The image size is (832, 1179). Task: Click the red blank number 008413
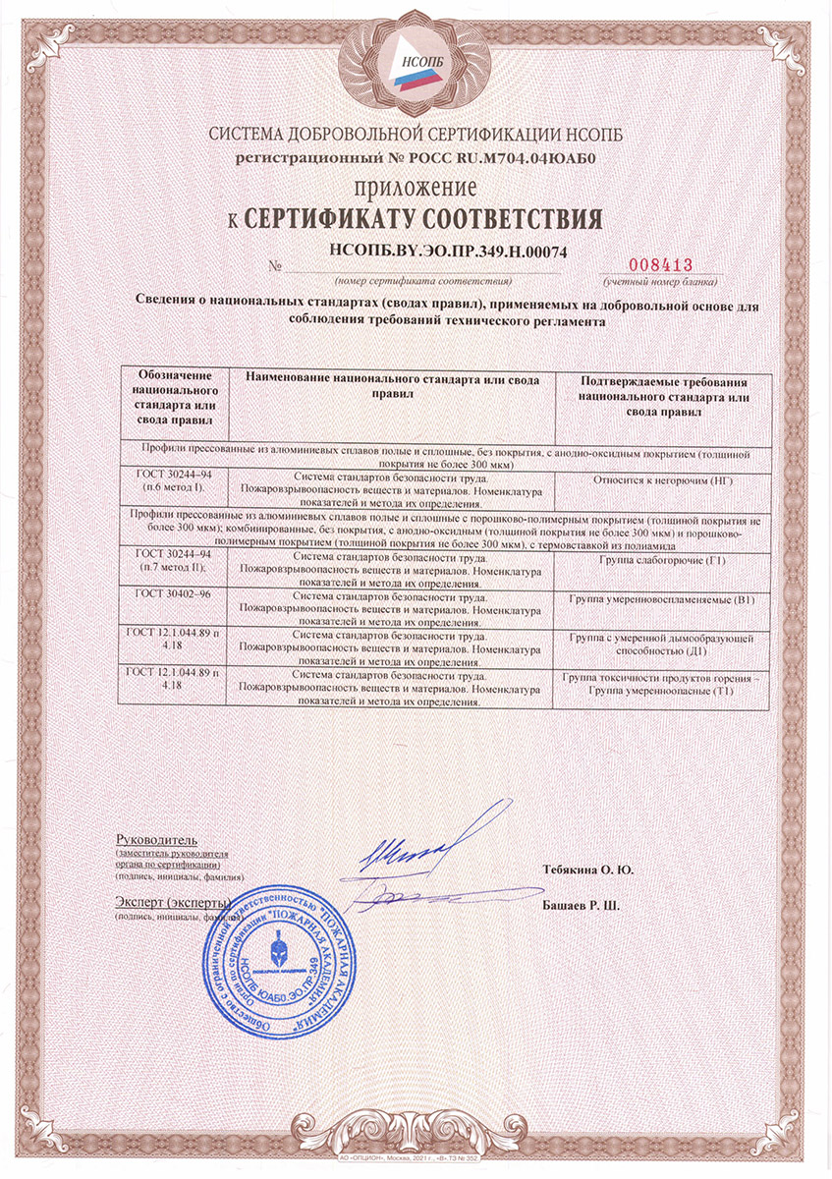(660, 264)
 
